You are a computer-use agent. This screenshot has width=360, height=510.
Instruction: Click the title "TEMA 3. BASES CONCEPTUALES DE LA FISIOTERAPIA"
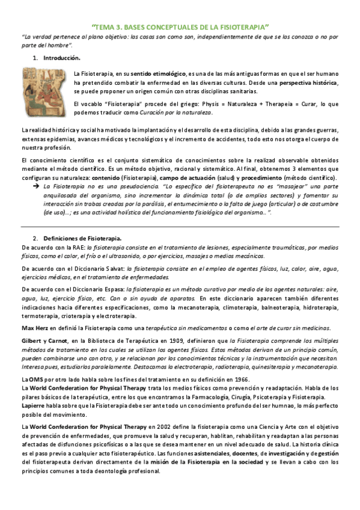tap(180, 27)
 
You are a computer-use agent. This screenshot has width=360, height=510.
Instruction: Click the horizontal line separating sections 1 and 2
tap(180, 226)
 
